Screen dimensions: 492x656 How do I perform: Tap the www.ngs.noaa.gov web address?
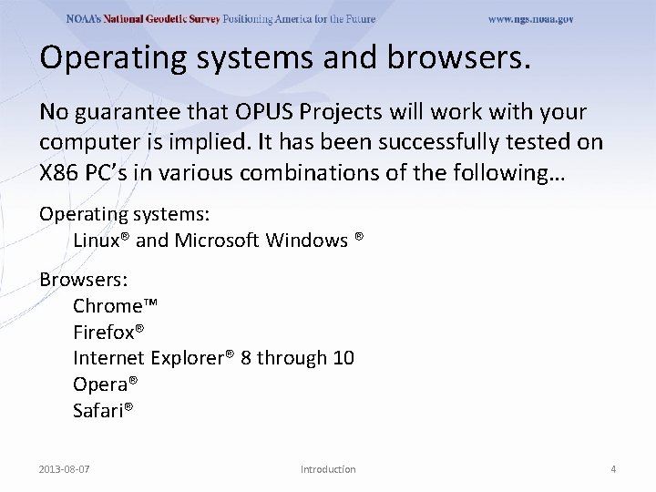point(530,19)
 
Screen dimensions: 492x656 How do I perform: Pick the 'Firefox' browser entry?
point(108,332)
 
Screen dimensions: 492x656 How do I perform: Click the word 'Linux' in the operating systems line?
point(97,241)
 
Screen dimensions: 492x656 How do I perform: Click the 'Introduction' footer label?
point(328,469)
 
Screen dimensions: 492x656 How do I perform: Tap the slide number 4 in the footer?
point(613,469)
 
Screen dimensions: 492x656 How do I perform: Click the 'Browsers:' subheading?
point(77,279)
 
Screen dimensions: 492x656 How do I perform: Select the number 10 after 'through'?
point(343,358)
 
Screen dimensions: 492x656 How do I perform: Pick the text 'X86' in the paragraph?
point(59,174)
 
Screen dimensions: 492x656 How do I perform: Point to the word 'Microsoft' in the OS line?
point(216,241)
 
